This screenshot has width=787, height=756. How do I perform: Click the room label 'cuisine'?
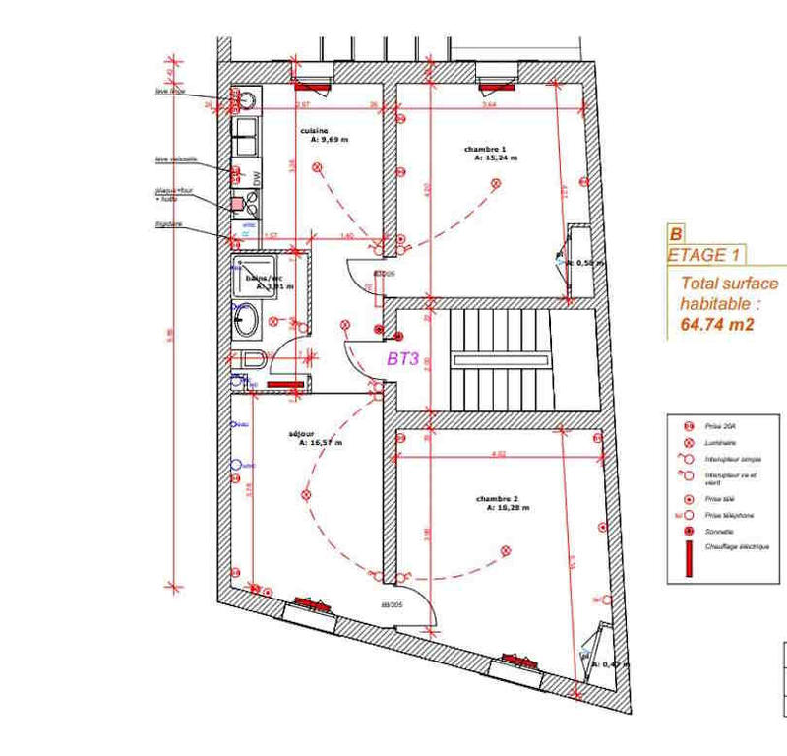(x=314, y=130)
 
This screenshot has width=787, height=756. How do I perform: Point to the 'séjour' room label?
(x=301, y=434)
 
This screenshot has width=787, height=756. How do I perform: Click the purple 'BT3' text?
(x=403, y=359)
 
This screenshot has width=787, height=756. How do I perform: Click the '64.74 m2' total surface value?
(x=716, y=323)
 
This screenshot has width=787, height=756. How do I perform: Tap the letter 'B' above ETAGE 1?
(x=676, y=235)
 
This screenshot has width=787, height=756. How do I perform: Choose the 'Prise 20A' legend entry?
(x=719, y=427)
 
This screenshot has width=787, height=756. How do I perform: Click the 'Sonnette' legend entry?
(x=719, y=532)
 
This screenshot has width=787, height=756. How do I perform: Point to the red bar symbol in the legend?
(x=691, y=556)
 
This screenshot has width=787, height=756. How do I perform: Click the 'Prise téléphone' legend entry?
(x=729, y=515)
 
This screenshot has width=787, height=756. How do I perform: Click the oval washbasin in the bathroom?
(x=246, y=318)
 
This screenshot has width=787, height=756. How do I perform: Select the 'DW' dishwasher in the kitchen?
(x=257, y=177)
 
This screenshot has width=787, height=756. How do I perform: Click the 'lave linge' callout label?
(x=170, y=91)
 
